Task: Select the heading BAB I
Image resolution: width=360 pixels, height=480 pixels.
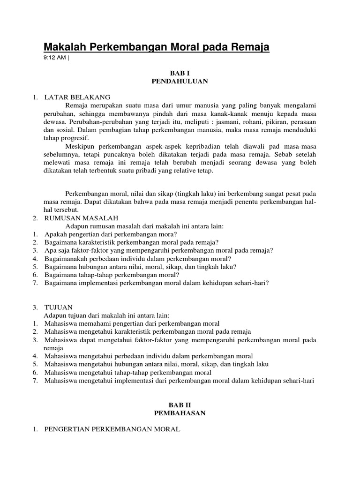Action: click(180, 74)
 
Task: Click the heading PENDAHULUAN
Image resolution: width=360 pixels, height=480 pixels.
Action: click(180, 81)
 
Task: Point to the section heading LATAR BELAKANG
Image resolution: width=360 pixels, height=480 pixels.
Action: click(77, 97)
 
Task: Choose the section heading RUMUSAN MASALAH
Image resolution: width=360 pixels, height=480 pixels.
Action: click(82, 218)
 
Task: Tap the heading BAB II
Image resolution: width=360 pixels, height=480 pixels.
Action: click(180, 405)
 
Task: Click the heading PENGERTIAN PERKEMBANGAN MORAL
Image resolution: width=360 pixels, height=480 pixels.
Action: click(112, 429)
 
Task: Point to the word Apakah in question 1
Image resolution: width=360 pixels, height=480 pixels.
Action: click(56, 234)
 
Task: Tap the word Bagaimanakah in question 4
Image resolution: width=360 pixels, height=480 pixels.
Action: click(67, 258)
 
